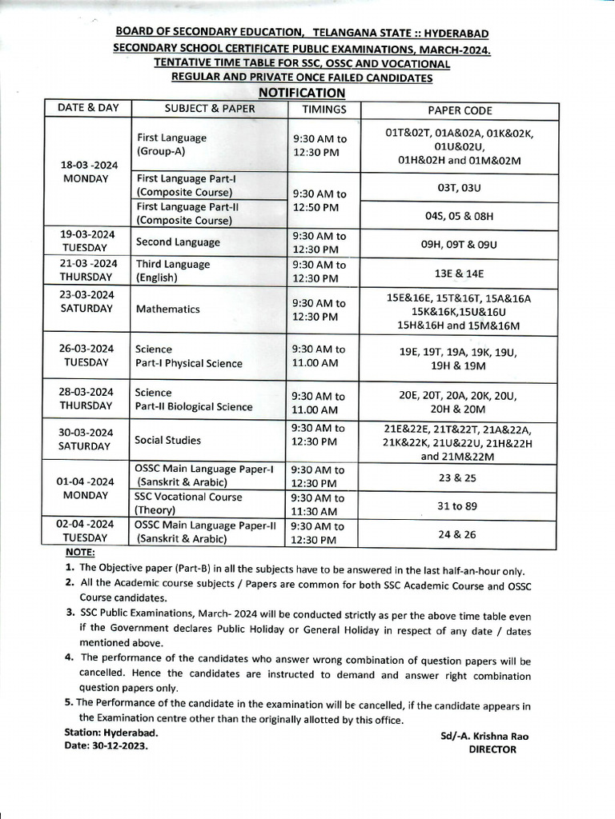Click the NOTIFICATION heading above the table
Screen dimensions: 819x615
[x=302, y=93]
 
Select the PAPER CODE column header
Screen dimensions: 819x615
[x=460, y=110]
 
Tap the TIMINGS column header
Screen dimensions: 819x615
[x=324, y=110]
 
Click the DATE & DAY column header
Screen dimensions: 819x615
[x=87, y=108]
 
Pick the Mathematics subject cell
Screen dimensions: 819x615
[x=167, y=309]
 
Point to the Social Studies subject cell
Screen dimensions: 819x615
[x=167, y=440]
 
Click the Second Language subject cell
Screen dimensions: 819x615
[x=177, y=242]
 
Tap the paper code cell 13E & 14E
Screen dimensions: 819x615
[x=459, y=274]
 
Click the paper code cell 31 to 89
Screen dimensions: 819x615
[x=459, y=505]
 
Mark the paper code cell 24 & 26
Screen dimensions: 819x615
[x=459, y=534]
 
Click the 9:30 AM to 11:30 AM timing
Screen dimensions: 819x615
[x=319, y=505]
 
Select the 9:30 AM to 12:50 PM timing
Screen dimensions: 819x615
[x=319, y=201]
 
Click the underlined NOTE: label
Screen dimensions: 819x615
[x=80, y=553]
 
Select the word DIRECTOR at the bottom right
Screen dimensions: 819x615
[x=492, y=749]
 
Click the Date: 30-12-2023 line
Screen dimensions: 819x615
[x=106, y=745]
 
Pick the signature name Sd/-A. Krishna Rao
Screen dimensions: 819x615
[x=484, y=736]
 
